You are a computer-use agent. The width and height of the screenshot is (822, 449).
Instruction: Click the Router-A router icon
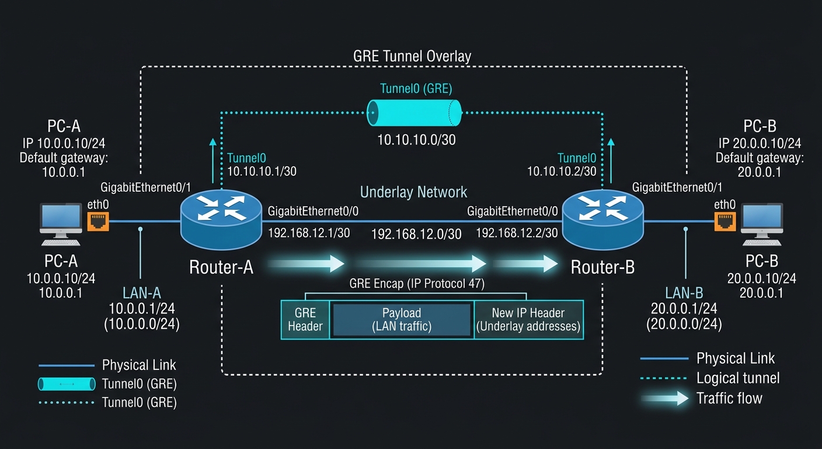221,219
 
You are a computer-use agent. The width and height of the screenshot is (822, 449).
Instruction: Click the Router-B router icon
603,219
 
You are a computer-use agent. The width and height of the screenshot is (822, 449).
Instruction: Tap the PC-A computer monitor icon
61,224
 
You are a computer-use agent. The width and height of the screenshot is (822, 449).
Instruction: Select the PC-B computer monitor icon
762,224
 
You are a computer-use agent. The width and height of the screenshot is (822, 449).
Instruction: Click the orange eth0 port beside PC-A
98,221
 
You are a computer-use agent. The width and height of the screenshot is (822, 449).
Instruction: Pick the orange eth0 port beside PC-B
725,221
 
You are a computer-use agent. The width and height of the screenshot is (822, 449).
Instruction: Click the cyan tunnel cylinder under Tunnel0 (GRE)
415,113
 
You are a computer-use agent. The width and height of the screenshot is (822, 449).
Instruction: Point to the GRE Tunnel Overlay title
412,56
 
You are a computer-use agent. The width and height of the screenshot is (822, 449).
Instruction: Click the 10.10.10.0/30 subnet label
416,140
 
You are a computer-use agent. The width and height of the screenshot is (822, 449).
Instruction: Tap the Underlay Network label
413,192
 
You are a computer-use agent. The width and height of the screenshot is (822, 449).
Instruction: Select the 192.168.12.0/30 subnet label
416,234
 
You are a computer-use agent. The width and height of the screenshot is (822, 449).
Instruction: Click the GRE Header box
305,320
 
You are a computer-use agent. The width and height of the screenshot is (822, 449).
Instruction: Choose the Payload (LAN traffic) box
402,320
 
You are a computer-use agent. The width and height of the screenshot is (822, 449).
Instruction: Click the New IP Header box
528,320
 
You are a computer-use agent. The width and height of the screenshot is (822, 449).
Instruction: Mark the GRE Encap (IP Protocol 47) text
417,284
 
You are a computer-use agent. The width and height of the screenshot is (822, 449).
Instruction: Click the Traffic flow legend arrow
665,399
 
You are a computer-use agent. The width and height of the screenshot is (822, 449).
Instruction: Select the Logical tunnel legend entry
710,378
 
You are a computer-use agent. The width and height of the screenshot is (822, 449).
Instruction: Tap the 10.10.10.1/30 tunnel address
262,171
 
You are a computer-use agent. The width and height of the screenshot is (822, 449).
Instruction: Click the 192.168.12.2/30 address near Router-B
517,233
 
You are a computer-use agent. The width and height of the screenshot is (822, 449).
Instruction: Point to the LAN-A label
142,293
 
